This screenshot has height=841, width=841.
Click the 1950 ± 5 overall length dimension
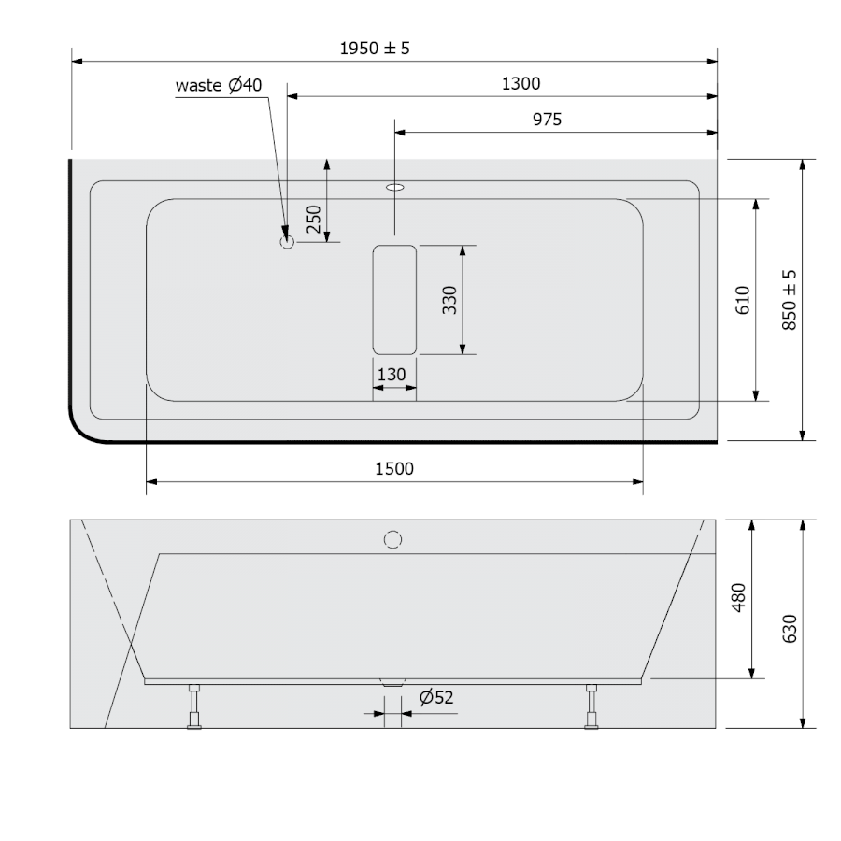(375, 49)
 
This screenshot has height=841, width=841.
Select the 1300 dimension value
(520, 84)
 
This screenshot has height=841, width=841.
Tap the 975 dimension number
(547, 119)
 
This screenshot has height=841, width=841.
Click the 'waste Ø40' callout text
(219, 85)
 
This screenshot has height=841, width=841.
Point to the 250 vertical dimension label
(313, 219)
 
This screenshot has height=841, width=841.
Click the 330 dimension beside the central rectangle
(449, 300)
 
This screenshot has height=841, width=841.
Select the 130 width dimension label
(392, 375)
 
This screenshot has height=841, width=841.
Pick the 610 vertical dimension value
(742, 300)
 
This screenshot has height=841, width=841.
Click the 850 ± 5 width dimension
(789, 300)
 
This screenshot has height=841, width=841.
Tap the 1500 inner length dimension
(394, 469)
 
